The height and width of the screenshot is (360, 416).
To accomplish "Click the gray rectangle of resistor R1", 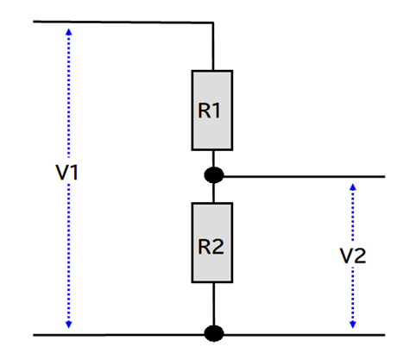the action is [212, 111].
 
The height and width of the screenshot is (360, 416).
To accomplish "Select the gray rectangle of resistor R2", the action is [212, 243].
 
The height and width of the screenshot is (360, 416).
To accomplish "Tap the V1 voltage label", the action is [67, 173].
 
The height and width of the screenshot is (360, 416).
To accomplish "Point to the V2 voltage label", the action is [353, 256].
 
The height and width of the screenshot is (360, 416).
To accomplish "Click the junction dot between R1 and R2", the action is [214, 175].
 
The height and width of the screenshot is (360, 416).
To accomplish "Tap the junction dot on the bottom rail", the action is [214, 334].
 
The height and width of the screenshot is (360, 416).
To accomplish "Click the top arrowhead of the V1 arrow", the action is [68, 31].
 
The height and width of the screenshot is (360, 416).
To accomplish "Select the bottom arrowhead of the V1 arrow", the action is [68, 325].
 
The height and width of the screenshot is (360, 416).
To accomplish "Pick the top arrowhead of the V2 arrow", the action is [353, 187].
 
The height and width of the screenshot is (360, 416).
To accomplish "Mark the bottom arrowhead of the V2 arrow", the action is [353, 325].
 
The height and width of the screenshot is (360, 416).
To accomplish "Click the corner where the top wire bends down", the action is [213, 22].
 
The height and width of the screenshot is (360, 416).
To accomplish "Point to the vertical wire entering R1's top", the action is [213, 46].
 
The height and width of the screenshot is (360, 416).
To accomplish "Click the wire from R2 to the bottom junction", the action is [213, 305].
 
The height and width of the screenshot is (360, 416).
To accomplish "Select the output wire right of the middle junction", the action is [304, 176].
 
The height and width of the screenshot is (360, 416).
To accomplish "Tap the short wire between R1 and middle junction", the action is [213, 159].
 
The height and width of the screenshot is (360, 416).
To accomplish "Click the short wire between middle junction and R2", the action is [213, 193].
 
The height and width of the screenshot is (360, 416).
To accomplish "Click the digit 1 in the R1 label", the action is [217, 111].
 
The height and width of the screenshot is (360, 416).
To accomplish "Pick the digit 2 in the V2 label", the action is [360, 256].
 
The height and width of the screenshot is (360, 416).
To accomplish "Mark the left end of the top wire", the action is [34, 22].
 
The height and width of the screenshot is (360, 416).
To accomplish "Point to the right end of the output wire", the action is [385, 176].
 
